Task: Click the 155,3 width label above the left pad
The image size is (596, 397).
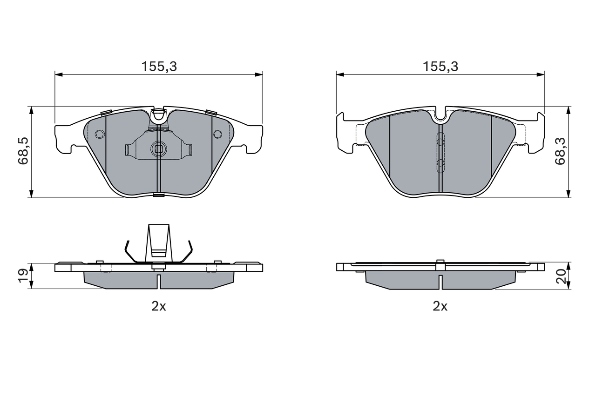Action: click(x=159, y=67)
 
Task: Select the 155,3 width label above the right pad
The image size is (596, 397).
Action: click(x=440, y=67)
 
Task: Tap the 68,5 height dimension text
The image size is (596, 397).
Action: click(x=24, y=150)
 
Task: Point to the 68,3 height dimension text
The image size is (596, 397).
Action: click(x=560, y=150)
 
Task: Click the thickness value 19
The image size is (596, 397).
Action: click(x=22, y=276)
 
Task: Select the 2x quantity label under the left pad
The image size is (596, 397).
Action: click(x=159, y=306)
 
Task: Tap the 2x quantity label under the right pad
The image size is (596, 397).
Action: click(x=440, y=306)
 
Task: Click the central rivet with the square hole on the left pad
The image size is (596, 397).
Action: click(x=158, y=149)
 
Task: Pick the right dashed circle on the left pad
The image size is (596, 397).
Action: click(x=217, y=135)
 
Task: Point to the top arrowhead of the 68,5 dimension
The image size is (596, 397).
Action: click(x=31, y=110)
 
